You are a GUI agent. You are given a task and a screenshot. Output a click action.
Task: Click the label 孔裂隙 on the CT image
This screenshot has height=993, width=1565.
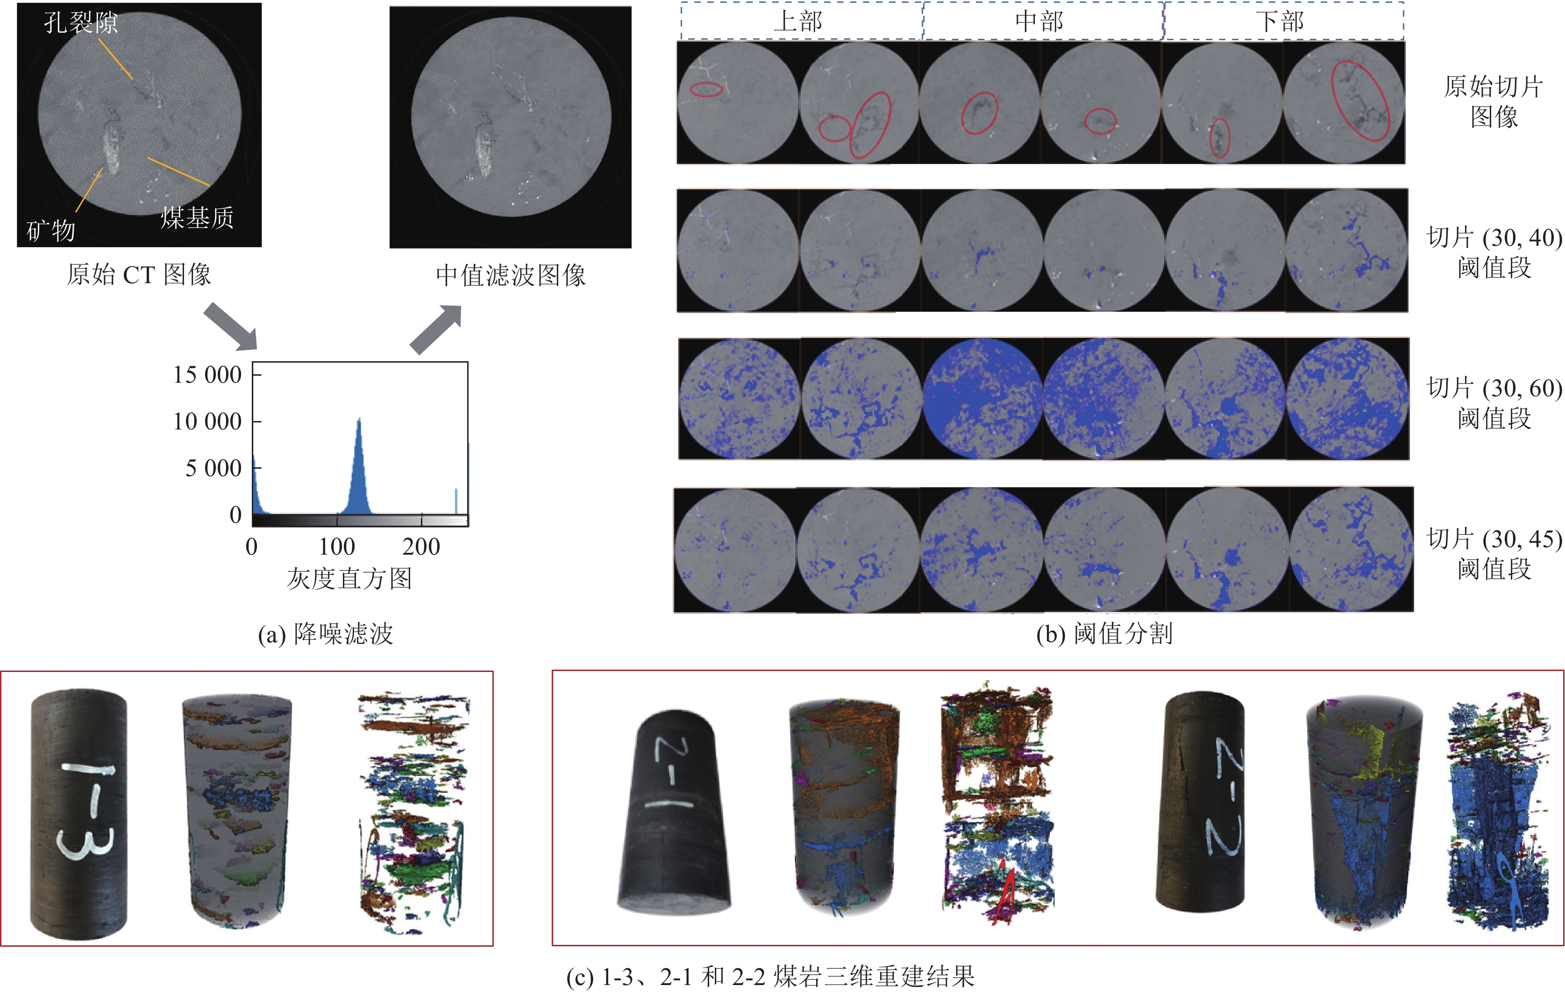coord(81,23)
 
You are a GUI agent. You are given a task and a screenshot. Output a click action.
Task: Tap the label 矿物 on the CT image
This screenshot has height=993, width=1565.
coord(51,230)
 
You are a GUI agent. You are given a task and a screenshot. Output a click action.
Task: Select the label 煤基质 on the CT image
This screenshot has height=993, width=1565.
coord(197,217)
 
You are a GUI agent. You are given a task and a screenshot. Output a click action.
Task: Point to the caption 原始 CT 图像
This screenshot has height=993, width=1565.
coord(139,274)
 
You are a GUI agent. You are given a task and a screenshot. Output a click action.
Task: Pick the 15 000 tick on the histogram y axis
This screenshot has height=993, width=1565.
coord(207,375)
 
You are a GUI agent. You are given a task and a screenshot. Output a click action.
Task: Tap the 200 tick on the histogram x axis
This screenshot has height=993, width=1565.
coord(421,546)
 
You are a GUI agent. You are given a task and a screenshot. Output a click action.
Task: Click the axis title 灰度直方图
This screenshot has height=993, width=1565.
coord(349,578)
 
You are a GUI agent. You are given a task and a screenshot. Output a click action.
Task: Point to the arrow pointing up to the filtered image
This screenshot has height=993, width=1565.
coord(436,330)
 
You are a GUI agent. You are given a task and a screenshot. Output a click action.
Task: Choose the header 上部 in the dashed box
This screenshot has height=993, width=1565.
coord(798,21)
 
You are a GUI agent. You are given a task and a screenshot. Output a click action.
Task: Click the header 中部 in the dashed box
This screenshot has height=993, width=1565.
coord(1039,21)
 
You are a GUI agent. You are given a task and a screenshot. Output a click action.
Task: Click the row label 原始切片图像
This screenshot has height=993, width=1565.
coord(1494,101)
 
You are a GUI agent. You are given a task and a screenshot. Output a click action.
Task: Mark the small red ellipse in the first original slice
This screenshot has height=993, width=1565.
coord(706,90)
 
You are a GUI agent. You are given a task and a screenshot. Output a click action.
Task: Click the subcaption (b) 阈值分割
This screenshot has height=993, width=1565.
coord(1104,633)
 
